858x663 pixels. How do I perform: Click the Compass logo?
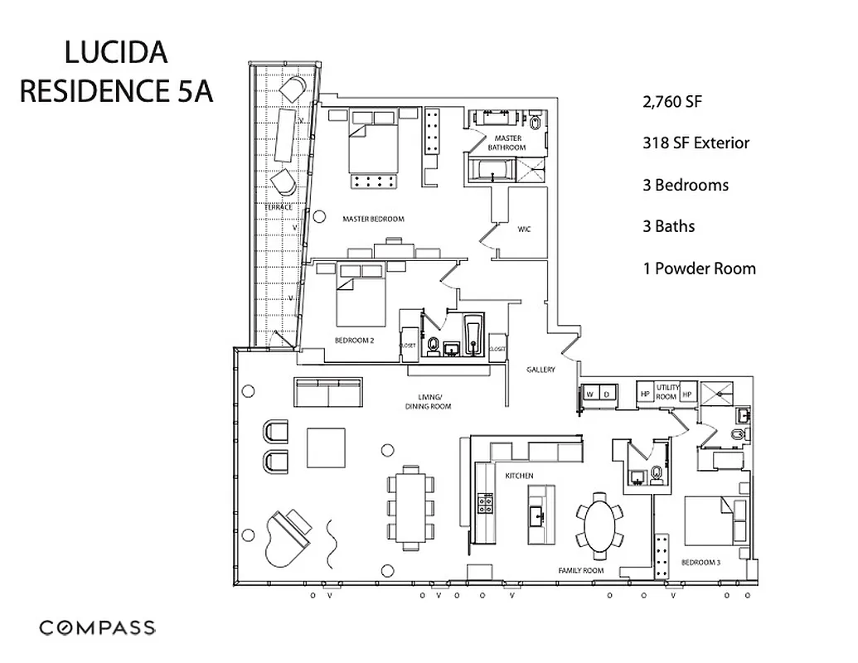coord(97,627)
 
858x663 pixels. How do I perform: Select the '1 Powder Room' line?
coord(699,269)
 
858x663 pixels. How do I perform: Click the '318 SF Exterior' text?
coord(696,143)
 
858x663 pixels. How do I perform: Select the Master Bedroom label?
coord(373,220)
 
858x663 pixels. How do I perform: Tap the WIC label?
coord(524,228)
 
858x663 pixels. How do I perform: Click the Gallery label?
coord(540,370)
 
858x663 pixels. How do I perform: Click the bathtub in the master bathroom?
coord(492,171)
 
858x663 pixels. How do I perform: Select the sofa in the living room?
coord(328,394)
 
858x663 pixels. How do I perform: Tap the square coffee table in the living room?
coord(326,448)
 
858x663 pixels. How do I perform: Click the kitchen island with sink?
coord(537,515)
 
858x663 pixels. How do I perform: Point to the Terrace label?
coord(279,206)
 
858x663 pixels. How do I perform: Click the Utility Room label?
coord(667,393)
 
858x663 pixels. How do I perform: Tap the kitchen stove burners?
coord(485,502)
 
